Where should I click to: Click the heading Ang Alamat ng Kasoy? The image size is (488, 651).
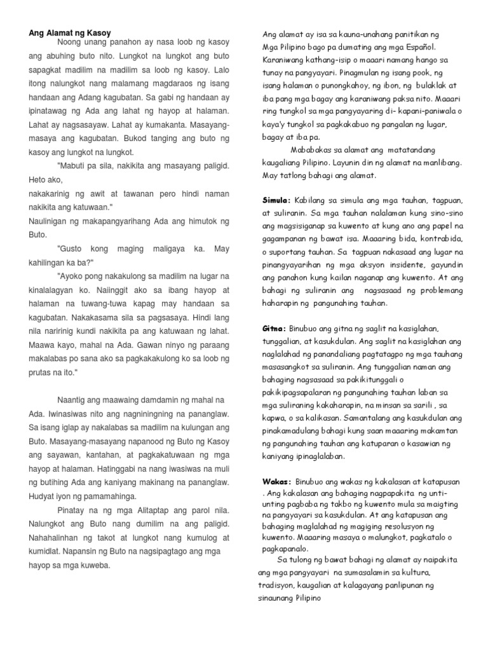pyautogui.click(x=69, y=32)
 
